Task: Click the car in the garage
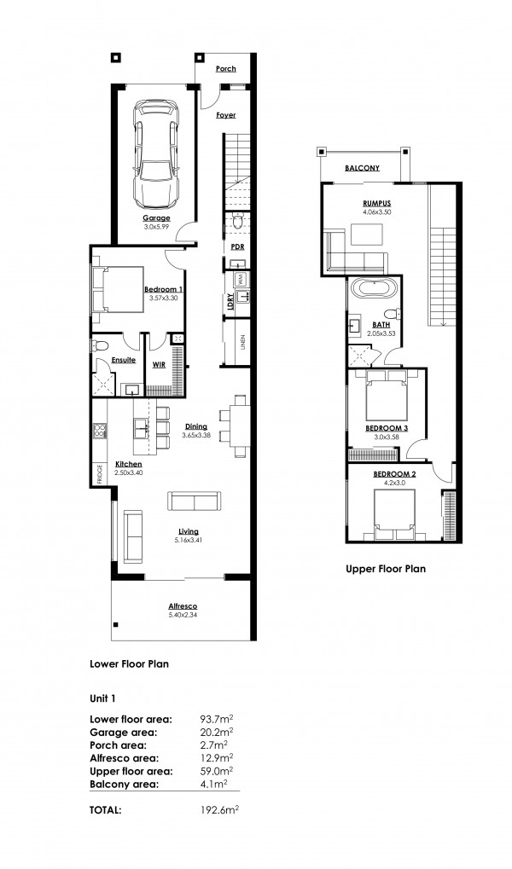[157, 153]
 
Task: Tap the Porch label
[226, 69]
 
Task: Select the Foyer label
[226, 115]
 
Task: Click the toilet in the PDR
[237, 222]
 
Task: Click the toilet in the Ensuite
[101, 346]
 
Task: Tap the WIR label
[159, 365]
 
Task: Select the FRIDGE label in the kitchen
[100, 475]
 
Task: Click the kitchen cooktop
[100, 430]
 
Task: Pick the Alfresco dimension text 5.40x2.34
[183, 615]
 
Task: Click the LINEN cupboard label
[243, 344]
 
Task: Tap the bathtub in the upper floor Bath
[374, 287]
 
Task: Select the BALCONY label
[362, 168]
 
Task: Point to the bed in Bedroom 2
[393, 515]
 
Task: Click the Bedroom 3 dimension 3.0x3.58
[387, 437]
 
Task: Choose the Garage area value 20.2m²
[217, 732]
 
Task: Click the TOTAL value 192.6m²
[219, 810]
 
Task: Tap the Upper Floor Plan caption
[386, 569]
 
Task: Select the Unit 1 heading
[103, 698]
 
